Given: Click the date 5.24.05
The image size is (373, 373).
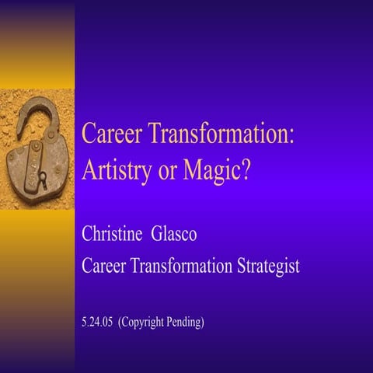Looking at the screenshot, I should (96, 321).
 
